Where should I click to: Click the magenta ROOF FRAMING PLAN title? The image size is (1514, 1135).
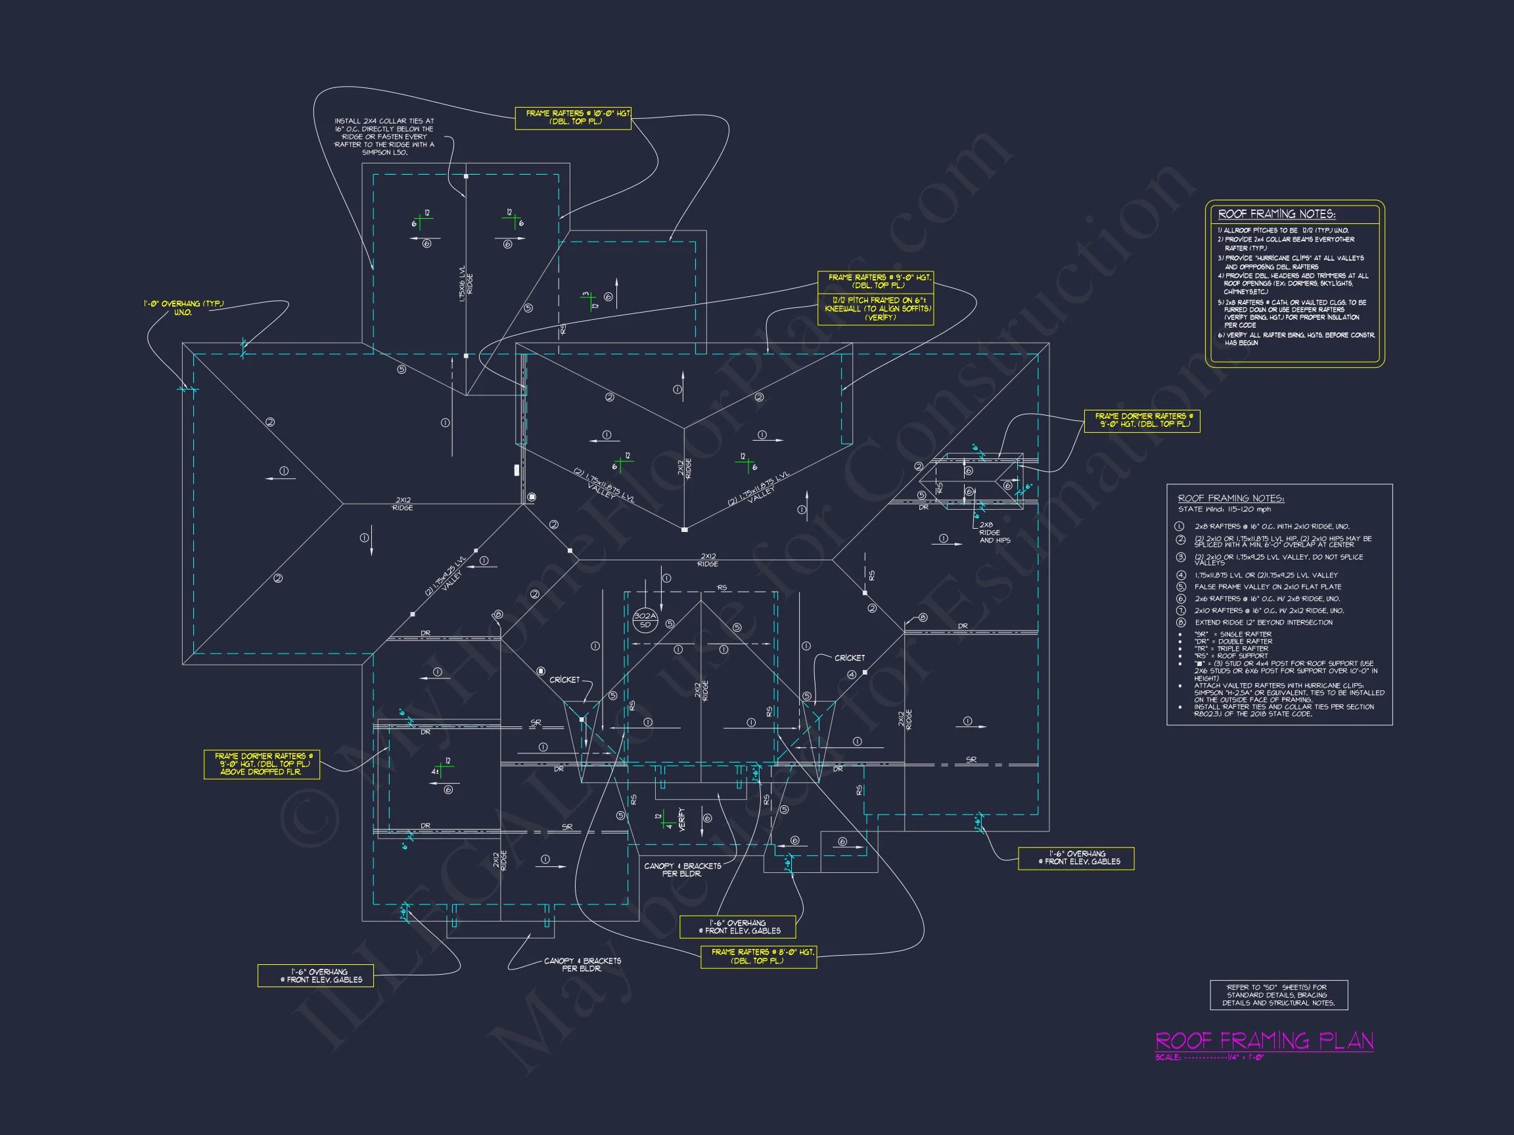click(1264, 1040)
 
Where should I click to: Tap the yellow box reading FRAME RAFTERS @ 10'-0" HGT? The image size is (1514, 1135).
click(573, 118)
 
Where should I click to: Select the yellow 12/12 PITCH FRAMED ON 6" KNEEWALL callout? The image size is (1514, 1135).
click(875, 309)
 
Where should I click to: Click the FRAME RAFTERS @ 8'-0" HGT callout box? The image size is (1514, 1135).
click(758, 956)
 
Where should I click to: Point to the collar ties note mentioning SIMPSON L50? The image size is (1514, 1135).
click(384, 137)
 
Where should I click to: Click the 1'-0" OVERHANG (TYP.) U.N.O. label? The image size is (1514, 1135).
click(183, 308)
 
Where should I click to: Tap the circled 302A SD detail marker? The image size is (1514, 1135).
click(645, 620)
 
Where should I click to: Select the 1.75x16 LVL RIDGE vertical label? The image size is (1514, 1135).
click(465, 283)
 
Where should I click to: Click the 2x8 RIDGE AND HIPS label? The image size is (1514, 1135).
click(994, 533)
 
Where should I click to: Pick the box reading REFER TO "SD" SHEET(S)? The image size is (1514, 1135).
click(1278, 994)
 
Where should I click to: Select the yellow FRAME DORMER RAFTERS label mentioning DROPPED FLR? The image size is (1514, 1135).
click(262, 764)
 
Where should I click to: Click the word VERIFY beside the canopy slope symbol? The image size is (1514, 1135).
click(681, 819)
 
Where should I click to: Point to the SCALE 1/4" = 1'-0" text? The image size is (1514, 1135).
click(1208, 1057)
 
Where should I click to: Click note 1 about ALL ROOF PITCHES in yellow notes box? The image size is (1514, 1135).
click(1283, 231)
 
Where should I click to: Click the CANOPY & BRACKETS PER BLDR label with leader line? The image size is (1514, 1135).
click(582, 965)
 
